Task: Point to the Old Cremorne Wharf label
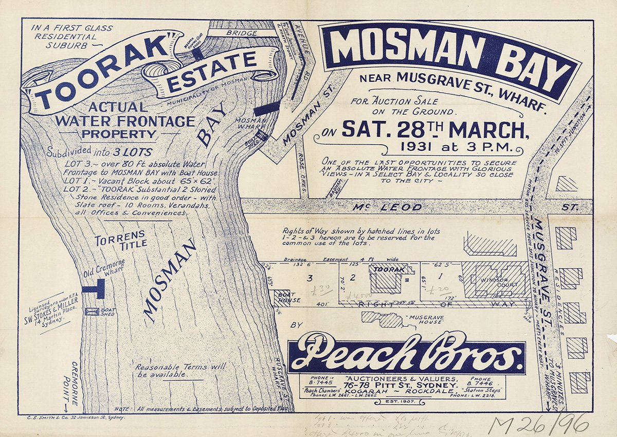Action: point(105,267)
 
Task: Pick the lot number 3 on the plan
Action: point(310,278)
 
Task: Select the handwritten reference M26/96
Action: point(537,424)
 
